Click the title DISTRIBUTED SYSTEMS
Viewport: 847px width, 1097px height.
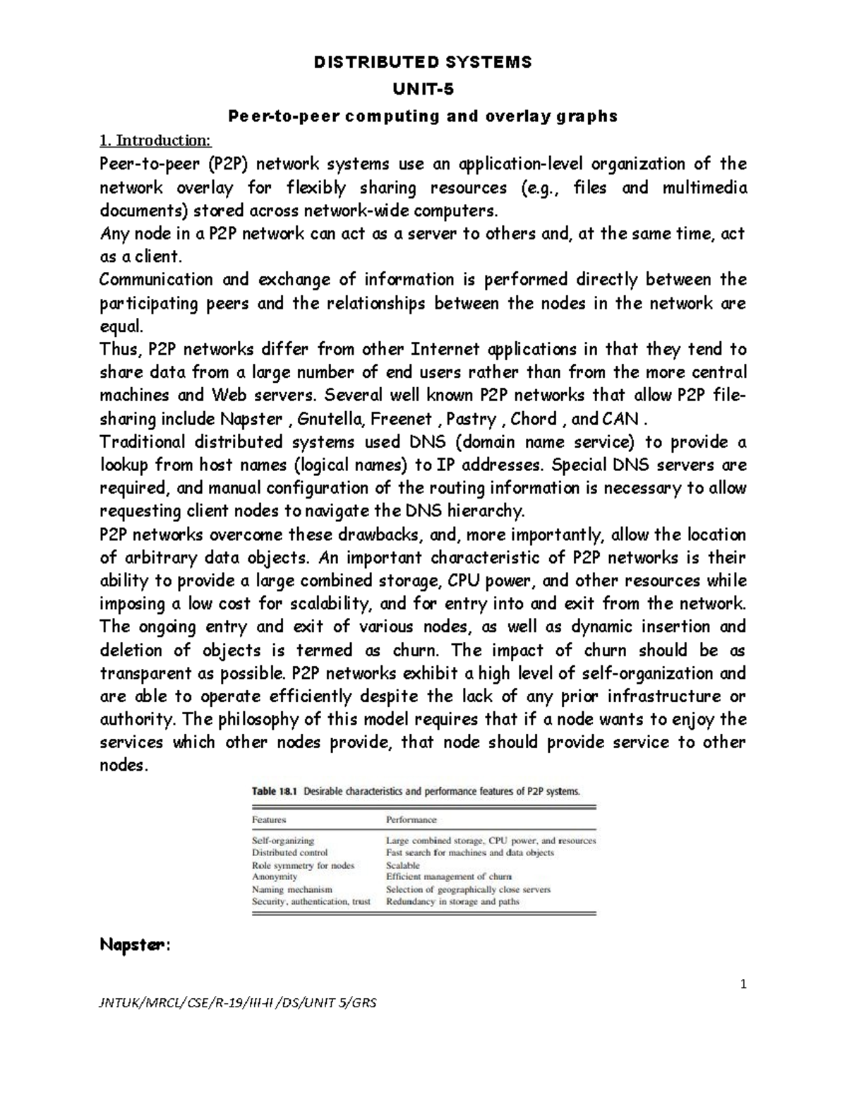coord(423,62)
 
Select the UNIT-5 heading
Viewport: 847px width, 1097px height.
coord(423,90)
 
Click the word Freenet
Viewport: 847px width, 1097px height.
coord(402,419)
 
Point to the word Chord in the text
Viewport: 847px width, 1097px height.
coord(534,419)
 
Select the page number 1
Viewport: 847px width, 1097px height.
coord(743,984)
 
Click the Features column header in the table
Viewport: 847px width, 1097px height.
coord(269,820)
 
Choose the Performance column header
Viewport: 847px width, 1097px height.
coord(411,820)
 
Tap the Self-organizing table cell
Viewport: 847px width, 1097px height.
coord(283,841)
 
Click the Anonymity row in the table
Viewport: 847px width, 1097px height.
coord(275,877)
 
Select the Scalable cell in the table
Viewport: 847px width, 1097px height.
coord(402,865)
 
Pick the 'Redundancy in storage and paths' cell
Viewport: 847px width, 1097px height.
coord(452,901)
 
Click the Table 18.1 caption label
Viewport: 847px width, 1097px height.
coord(275,792)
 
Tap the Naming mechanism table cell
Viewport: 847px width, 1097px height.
coord(292,889)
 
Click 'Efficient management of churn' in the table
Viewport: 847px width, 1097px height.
coord(448,877)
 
